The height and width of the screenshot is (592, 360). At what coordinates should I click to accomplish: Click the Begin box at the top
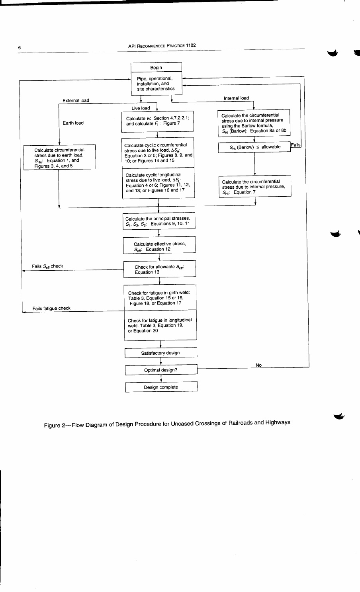click(156, 68)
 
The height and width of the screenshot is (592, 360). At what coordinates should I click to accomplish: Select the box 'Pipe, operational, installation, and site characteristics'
click(156, 84)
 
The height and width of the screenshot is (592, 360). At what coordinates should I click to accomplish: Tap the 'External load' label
click(76, 100)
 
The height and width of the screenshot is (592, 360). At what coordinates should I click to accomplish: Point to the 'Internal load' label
click(236, 98)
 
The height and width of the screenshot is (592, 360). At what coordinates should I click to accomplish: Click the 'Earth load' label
click(73, 123)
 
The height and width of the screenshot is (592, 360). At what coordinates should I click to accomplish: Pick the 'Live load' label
click(141, 108)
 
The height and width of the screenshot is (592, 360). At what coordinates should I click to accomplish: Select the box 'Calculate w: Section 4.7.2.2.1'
click(158, 121)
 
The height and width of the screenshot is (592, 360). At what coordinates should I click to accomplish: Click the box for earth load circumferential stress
click(59, 158)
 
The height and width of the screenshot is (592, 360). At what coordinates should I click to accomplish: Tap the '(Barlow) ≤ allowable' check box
click(255, 147)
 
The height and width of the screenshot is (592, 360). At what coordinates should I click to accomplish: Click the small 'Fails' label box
click(295, 145)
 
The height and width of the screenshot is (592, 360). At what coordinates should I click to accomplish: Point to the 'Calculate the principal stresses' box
click(158, 221)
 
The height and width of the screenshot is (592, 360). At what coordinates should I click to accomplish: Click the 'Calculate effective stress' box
click(159, 246)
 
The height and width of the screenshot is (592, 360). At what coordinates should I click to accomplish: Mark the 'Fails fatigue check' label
click(51, 308)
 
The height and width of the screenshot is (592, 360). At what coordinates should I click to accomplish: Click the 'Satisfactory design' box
click(160, 353)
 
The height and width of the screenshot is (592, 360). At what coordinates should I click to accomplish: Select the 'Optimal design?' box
click(160, 370)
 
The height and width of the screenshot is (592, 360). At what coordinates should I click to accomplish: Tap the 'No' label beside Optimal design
click(259, 365)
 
